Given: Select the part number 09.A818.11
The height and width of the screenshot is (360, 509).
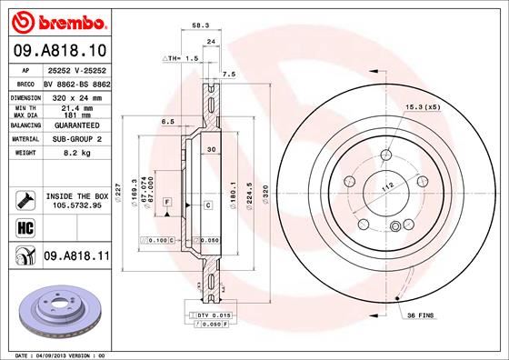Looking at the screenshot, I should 75,257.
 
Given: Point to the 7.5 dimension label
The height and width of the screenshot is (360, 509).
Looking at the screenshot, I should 229,74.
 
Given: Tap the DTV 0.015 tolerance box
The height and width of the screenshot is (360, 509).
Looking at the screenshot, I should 215,315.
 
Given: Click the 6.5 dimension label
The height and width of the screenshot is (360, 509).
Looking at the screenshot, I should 167,121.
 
